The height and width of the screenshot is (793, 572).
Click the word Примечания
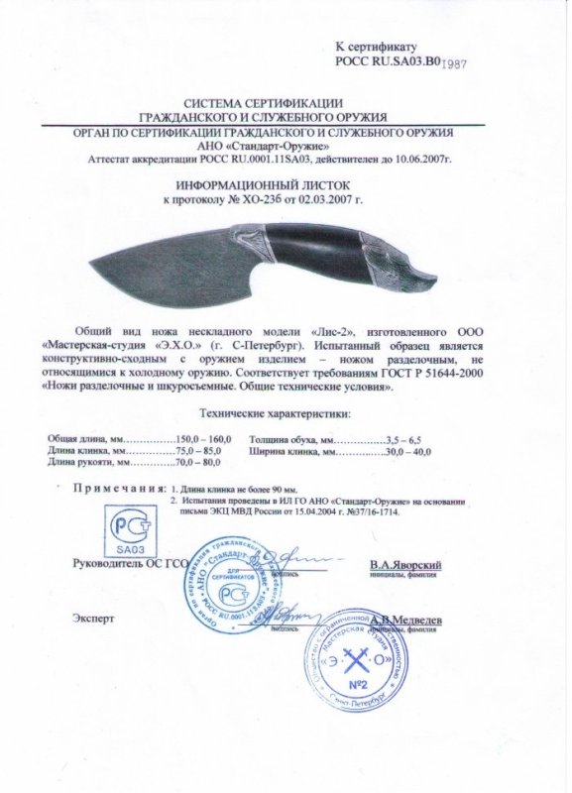pos(117,489)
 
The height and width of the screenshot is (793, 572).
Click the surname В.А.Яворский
pos(404,564)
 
